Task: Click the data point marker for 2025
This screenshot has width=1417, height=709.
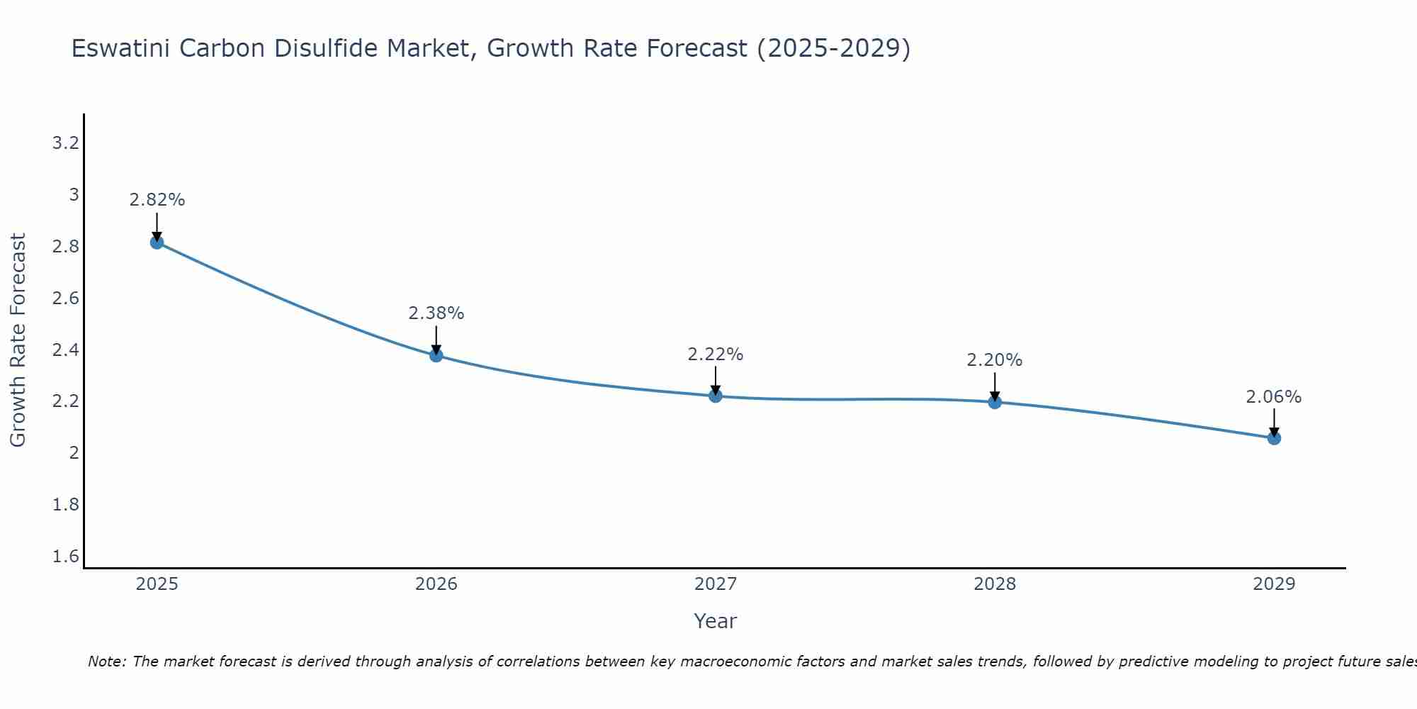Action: coord(157,242)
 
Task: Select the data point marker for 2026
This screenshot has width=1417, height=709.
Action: coord(436,355)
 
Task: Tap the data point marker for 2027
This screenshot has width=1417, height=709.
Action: coord(716,396)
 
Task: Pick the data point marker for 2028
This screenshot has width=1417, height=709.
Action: coord(995,402)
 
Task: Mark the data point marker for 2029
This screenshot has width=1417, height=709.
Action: coord(1274,438)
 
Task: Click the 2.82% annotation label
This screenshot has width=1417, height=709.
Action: coord(157,200)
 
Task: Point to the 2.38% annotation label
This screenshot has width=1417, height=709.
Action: coord(436,313)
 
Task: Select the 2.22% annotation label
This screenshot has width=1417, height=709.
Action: coord(716,354)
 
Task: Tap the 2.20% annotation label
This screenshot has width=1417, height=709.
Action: coord(995,360)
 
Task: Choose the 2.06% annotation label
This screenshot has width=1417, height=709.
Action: coord(1274,397)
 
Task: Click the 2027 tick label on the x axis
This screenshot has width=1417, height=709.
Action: coord(716,584)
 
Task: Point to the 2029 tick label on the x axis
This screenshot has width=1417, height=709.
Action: coord(1274,584)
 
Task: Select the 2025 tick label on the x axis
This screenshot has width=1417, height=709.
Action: coord(157,584)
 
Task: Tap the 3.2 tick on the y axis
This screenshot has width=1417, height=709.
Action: coord(65,144)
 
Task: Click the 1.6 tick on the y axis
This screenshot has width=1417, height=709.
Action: coord(65,557)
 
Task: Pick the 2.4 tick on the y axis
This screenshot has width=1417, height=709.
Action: coord(65,350)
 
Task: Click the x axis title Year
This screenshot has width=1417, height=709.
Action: coord(716,621)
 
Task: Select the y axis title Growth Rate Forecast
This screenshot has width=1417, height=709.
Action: coord(18,340)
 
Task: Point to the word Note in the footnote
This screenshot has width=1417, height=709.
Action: coord(107,661)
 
